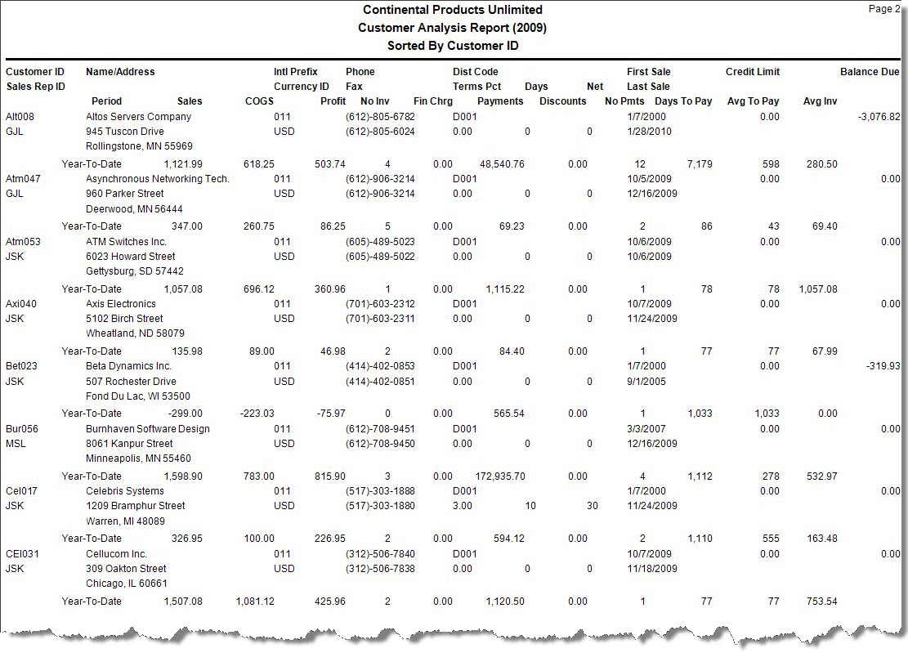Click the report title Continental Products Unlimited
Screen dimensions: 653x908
tap(452, 10)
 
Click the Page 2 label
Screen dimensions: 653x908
tap(883, 9)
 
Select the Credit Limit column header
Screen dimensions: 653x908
tap(752, 72)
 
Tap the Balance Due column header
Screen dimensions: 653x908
tap(870, 72)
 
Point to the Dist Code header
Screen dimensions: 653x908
tap(475, 72)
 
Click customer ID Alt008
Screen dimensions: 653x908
tap(20, 117)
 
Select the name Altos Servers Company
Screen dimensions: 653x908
tap(138, 117)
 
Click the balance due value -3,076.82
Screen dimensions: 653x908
tap(879, 117)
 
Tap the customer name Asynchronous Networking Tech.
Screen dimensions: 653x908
tap(158, 179)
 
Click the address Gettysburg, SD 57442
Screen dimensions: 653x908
tap(135, 271)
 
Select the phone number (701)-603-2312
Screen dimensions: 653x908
tap(380, 304)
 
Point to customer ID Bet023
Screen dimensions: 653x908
tap(21, 366)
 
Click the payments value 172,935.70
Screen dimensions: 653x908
tap(499, 476)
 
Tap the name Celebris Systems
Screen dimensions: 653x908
tap(125, 491)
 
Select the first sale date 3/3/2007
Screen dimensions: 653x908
tap(646, 429)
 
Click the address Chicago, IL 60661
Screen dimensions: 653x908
tap(127, 584)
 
